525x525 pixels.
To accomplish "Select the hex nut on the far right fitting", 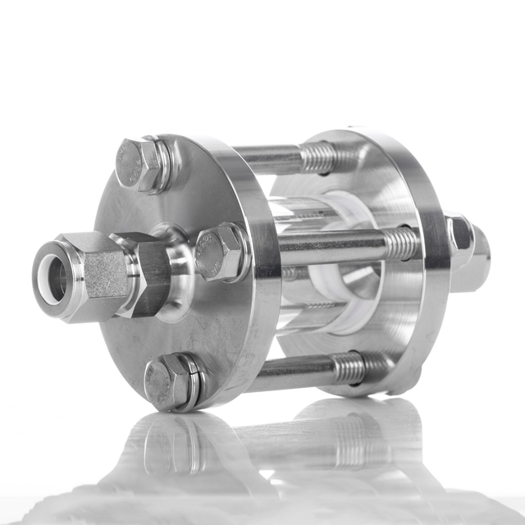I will pos(461,238).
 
